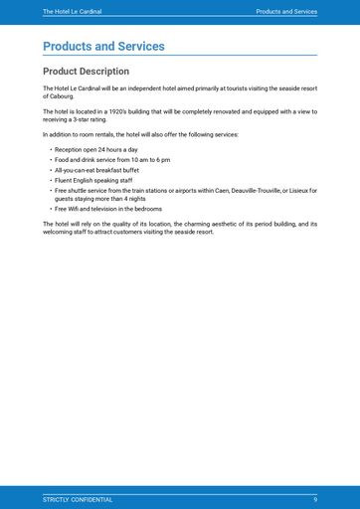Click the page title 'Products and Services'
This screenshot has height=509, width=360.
[103, 47]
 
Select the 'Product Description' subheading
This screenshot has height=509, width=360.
[86, 72]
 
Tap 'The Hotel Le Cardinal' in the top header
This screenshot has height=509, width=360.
[72, 12]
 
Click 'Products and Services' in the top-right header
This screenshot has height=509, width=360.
[286, 12]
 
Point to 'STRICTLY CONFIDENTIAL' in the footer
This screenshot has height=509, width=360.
[78, 499]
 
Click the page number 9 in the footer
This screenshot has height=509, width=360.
[315, 499]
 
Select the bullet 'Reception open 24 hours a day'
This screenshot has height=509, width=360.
[95, 149]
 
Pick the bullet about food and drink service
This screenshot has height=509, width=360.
[111, 160]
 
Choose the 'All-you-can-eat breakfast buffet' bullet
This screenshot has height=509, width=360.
[99, 170]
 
